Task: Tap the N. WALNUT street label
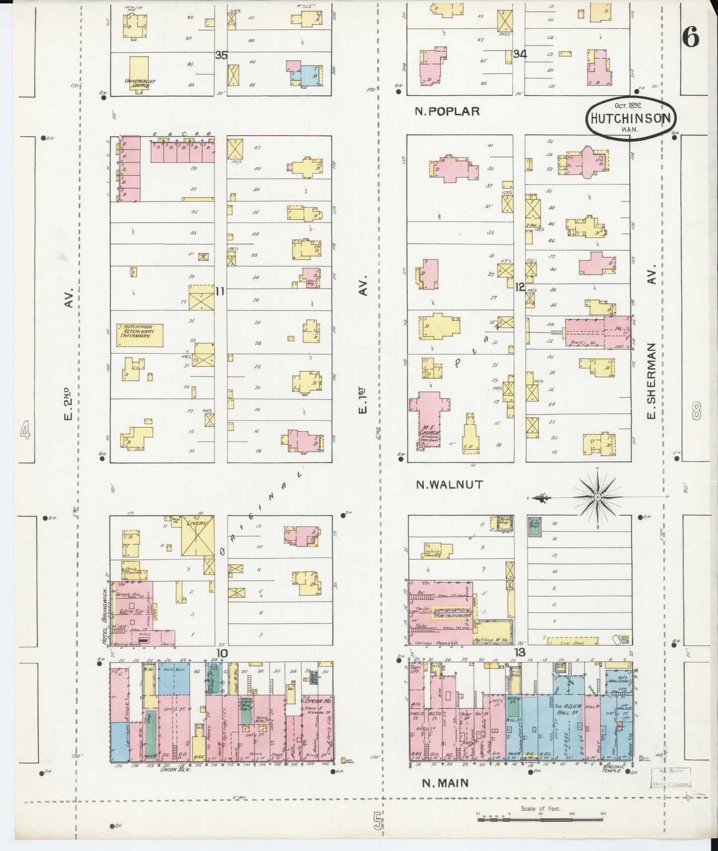click(x=449, y=485)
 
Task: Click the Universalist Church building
click(x=139, y=74)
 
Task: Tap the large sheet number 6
click(x=691, y=36)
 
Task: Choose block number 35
click(x=221, y=55)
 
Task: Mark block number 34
click(x=520, y=54)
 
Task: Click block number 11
click(x=220, y=291)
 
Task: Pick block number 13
click(x=519, y=652)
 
